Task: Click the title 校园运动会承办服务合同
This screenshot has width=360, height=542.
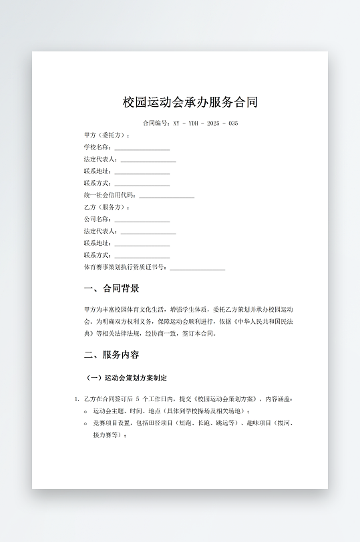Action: [x=190, y=102]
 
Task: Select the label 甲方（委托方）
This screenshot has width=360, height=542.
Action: [x=108, y=135]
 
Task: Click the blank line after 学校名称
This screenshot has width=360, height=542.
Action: [x=142, y=148]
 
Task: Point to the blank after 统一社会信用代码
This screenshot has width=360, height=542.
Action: [x=166, y=196]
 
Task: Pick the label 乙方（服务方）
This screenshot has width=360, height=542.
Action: [x=108, y=208]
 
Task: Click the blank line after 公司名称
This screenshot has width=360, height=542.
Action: [x=142, y=220]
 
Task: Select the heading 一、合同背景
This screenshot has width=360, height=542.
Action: [x=112, y=288]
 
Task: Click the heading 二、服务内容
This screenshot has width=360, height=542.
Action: [x=112, y=354]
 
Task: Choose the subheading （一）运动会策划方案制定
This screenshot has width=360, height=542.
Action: [x=127, y=378]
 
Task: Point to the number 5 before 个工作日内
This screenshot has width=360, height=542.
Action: [x=137, y=399]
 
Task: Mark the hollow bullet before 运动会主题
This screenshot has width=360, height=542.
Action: [x=85, y=411]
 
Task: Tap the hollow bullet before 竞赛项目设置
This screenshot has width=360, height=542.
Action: [x=85, y=423]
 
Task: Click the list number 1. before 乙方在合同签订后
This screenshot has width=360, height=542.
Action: [x=77, y=399]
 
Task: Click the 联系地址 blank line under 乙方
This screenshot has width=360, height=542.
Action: [x=142, y=244]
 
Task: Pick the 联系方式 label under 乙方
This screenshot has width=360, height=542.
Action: [x=98, y=256]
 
